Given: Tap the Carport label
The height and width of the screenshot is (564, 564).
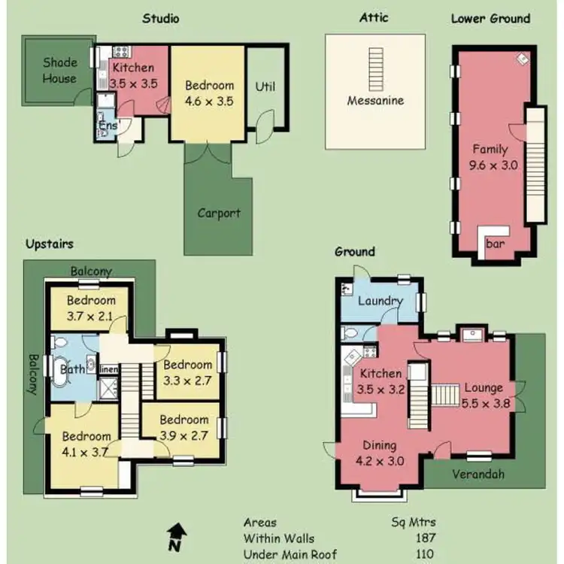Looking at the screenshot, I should coord(219,213).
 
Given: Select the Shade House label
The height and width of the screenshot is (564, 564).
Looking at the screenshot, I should coord(59,71).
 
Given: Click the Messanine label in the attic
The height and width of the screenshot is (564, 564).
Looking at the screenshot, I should coord(375,100).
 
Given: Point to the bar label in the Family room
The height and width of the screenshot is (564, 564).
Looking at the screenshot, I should coord(496,244).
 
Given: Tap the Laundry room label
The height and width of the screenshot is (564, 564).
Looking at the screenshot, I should coord(381,302).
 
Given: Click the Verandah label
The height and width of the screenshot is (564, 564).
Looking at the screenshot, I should coord(478,474).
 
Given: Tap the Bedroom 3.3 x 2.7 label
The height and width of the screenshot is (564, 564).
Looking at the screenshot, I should coord(188,372).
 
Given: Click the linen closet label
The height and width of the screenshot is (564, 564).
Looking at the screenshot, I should coord(108,370).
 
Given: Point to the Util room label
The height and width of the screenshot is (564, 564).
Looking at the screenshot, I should coord(265,86).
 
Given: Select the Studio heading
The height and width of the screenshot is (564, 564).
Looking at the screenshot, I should coord(161,18).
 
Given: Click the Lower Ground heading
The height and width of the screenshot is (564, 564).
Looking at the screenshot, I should coord(490,18).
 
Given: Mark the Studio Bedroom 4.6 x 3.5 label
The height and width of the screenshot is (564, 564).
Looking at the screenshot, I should coord(209,92).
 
